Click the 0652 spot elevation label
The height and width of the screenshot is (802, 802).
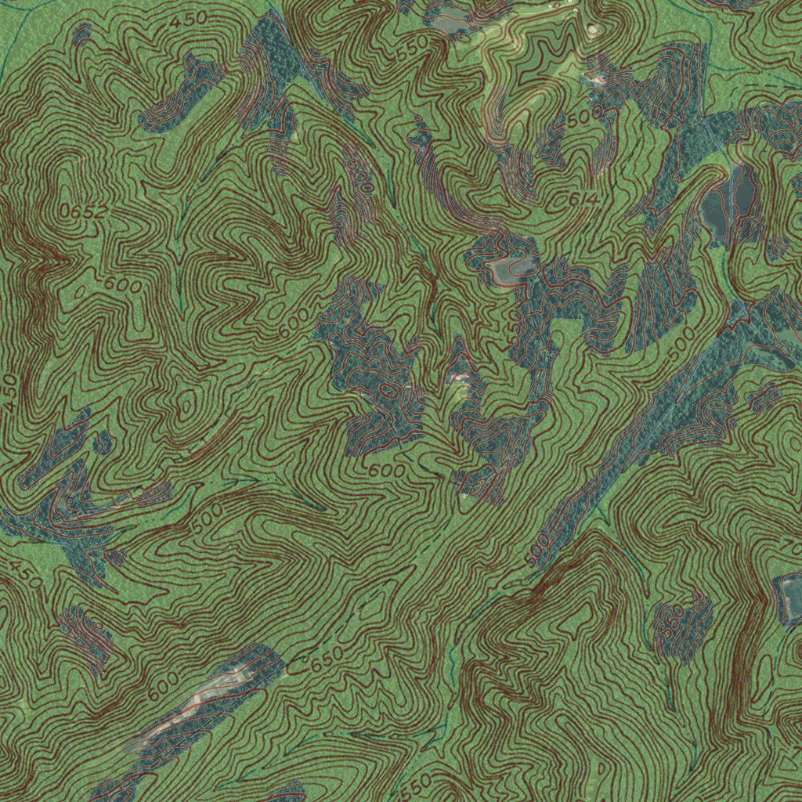(x=81, y=209)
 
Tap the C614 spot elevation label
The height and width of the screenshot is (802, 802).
(x=581, y=200)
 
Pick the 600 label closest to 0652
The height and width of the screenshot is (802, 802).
(x=121, y=284)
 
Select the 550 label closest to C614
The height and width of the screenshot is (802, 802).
(x=413, y=50)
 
